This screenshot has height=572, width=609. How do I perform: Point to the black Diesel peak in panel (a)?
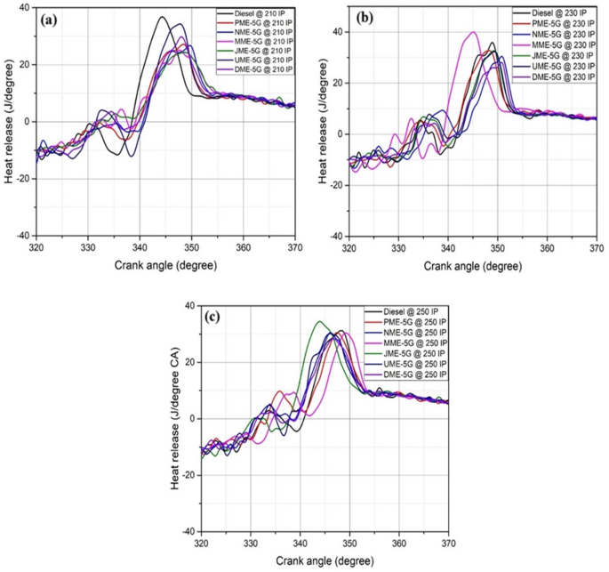pos(162,17)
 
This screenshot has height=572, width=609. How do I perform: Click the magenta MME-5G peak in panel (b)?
pos(474,32)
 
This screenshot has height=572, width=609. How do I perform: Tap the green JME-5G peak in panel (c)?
pos(319,322)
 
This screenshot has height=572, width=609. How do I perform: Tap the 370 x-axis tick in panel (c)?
pos(448,542)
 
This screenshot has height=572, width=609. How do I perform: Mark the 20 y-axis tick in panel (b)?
pos(338,83)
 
